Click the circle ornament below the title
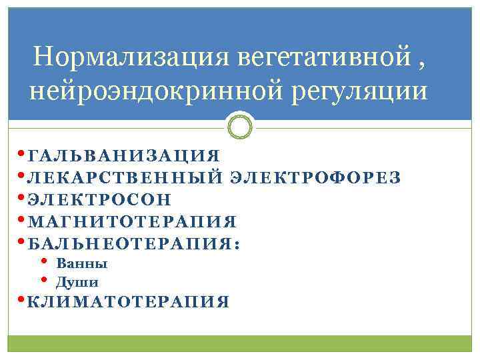240,125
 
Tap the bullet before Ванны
45,262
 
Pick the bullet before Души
45,280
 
